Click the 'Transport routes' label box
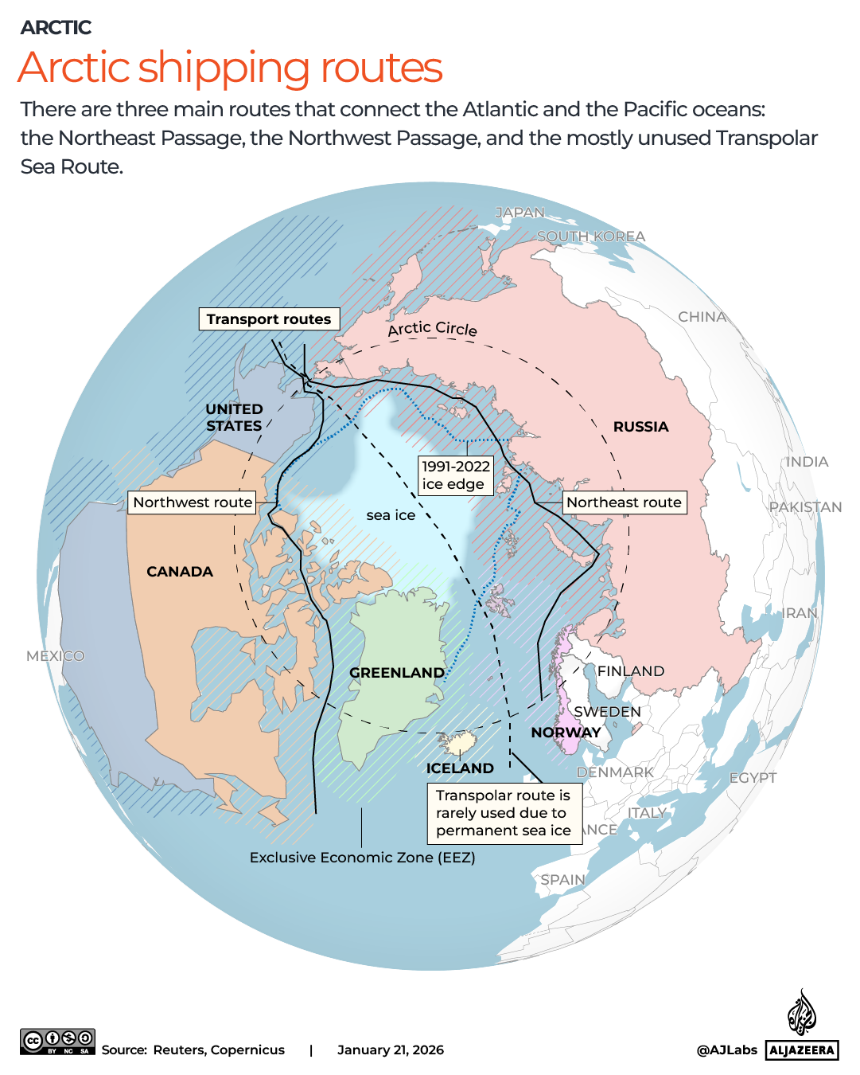coord(269,319)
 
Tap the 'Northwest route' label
coord(193,502)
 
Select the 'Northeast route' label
coord(624,502)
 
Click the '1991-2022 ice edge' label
coord(456,475)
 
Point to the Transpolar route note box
coord(504,812)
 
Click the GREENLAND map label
coord(397,673)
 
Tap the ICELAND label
coord(460,768)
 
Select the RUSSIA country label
coord(640,427)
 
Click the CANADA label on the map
coord(180,572)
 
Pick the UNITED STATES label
coord(234,417)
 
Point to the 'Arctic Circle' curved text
coord(432,328)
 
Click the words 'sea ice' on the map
coord(391,515)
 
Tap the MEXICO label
coord(55,656)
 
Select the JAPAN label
coord(520,213)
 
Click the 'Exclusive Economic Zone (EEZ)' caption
coord(362,858)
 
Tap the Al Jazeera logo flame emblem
coord(802,1013)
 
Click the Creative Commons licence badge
coord(57,1042)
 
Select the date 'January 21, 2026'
coord(391,1050)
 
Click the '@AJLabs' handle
coord(726,1050)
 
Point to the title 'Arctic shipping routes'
coord(230,68)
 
